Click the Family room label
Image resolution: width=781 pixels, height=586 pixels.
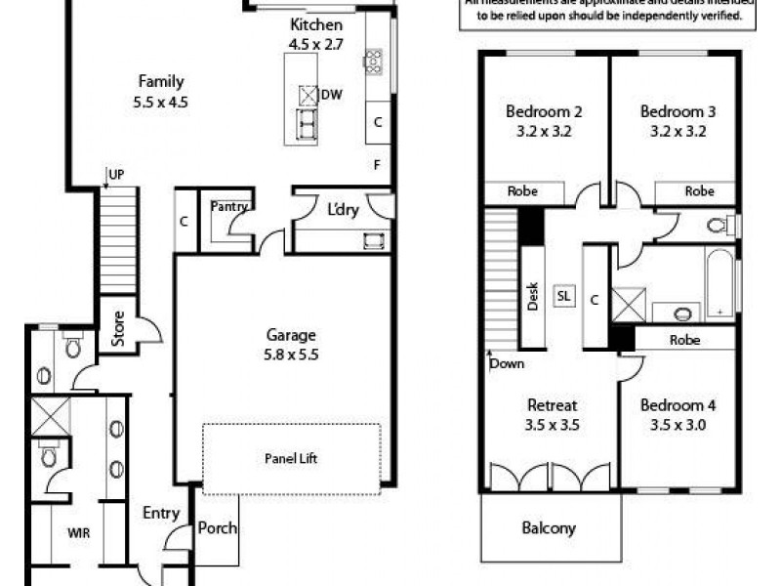pos(160,90)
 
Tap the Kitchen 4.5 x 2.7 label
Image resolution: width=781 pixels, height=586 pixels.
pos(315,34)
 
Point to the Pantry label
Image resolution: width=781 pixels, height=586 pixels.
pos(230,206)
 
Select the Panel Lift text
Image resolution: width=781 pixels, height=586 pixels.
pos(291,458)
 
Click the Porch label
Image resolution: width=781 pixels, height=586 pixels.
pos(218,528)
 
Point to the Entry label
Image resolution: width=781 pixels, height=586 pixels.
pos(161,512)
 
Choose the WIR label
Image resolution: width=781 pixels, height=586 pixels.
pos(79,534)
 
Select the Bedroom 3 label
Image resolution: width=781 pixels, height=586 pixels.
pos(678,120)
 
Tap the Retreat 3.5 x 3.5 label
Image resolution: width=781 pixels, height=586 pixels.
pos(553,414)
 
